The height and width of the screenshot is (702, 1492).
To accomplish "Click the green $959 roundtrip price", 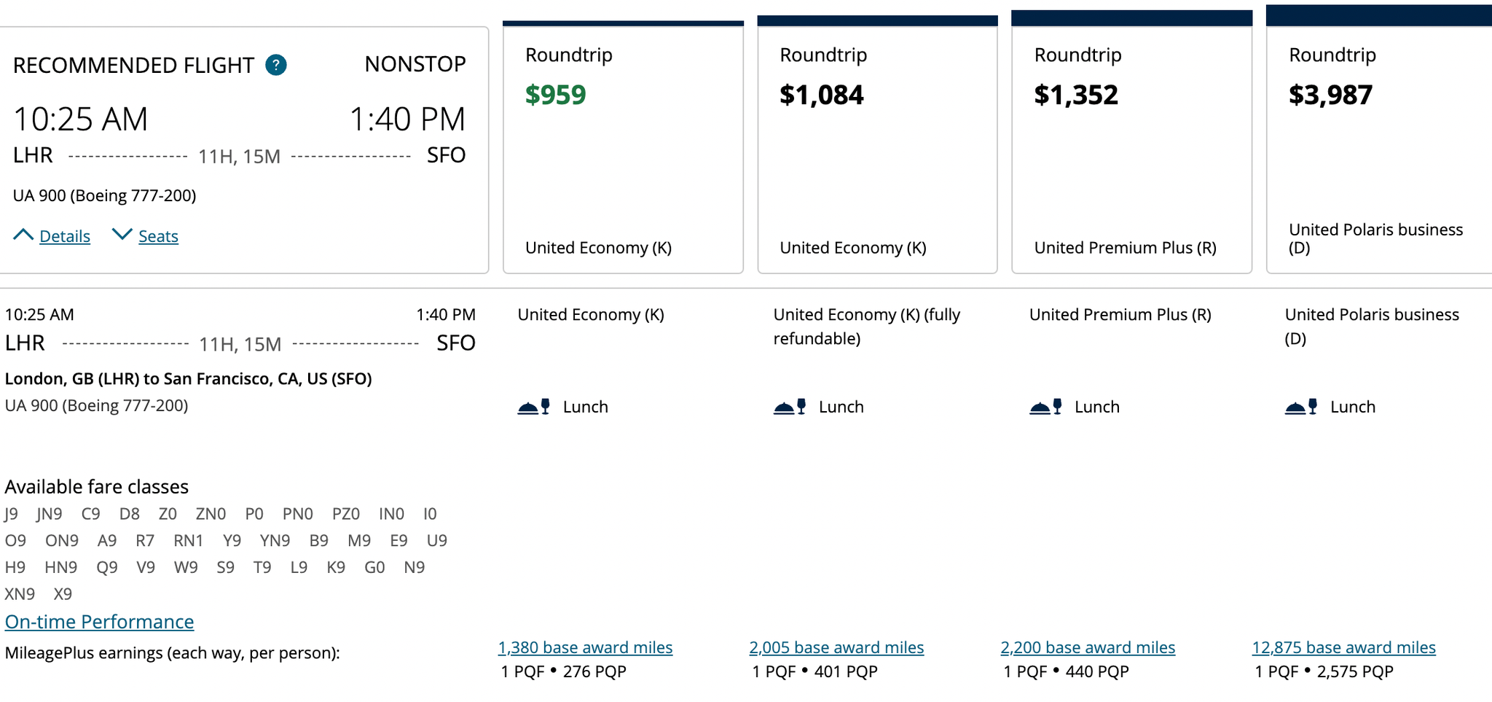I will point(555,95).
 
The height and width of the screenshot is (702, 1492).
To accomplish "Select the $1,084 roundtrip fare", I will point(821,95).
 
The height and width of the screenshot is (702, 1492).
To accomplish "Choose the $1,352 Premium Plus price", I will point(1075,95).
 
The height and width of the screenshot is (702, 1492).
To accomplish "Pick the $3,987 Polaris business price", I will point(1330,95).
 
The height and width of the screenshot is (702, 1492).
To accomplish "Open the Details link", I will point(64,236).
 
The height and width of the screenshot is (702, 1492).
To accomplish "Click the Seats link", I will point(158,236).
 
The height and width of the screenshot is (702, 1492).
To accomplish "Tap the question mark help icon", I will point(276,65).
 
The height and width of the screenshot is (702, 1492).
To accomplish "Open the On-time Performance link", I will point(99,621).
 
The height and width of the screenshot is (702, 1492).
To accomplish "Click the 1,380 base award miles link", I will point(585,647).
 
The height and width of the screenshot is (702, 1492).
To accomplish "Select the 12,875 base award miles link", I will point(1343,647).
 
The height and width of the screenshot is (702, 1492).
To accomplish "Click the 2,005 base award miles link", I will point(836,647).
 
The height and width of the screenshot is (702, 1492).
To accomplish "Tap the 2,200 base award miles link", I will point(1088,647).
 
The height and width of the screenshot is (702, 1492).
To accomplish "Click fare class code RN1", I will point(188,541).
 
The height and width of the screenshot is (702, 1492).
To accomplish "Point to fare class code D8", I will point(129,514).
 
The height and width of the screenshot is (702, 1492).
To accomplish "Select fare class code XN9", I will point(20,594).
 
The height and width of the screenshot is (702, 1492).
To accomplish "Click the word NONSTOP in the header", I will point(415,64).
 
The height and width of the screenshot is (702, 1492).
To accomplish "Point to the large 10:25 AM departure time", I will point(80,119).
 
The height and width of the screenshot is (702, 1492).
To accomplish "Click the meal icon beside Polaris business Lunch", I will point(1301,407).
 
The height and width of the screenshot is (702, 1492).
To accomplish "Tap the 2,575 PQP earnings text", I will point(1354,671).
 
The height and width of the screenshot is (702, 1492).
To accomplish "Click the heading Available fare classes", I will point(97,486).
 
